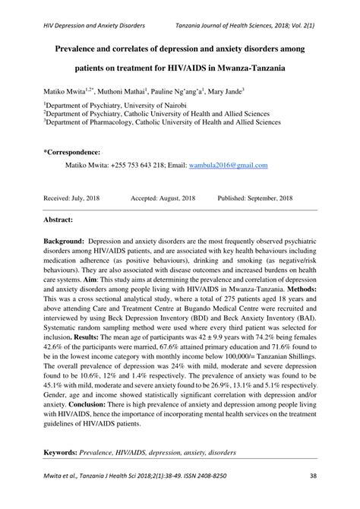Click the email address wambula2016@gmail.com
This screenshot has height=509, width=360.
228,164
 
